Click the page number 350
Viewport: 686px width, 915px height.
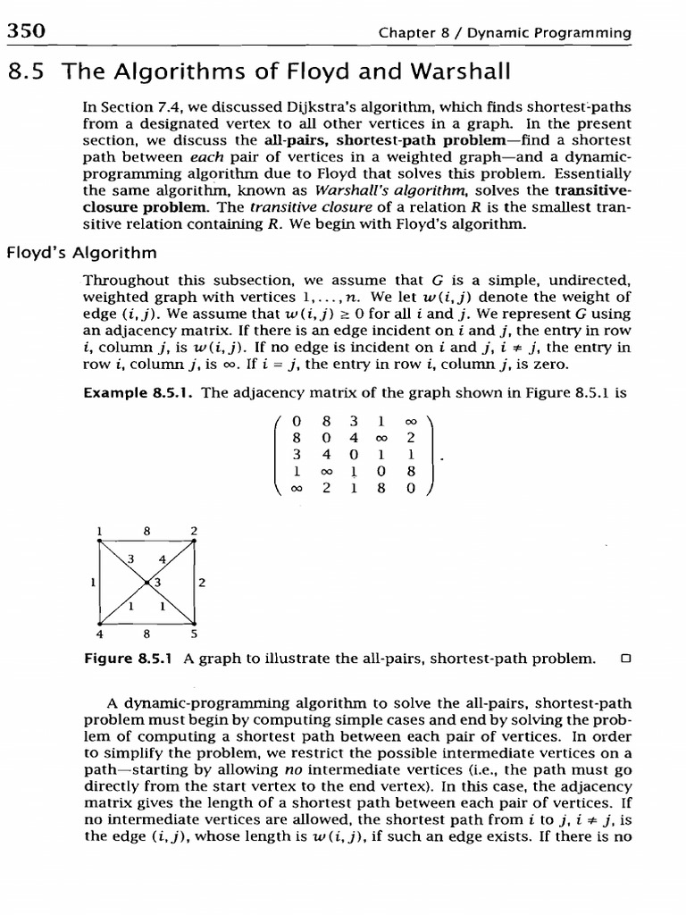tap(26, 32)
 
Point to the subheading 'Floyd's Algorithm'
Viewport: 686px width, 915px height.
tap(81, 253)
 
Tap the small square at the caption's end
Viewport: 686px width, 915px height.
tap(625, 659)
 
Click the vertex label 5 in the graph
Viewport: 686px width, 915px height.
tap(194, 636)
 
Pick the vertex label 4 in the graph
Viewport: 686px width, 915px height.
tap(99, 636)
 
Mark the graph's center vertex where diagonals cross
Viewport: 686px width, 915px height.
tap(146, 583)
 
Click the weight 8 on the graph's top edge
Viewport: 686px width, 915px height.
tap(146, 530)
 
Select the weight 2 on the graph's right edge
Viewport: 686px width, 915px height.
tap(203, 583)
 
